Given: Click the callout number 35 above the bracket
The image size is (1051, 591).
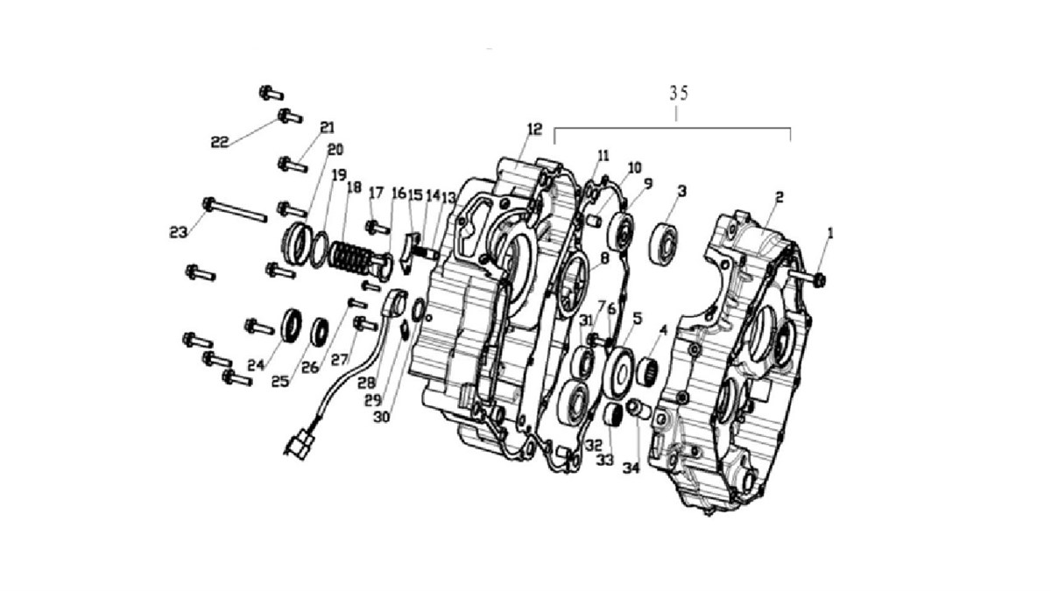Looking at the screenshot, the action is pos(679,94).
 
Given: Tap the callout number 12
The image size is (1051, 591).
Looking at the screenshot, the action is pos(534,129).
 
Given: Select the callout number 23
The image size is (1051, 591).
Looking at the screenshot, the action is pos(179,232).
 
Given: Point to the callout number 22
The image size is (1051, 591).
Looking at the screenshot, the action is pos(219,142).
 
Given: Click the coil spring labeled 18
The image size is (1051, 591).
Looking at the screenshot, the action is pos(350,260).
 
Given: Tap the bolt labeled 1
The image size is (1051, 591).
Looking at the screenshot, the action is pos(808,278).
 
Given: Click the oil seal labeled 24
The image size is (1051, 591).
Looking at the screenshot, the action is pos(292,325).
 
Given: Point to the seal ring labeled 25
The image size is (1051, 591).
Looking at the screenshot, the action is pos(320,332).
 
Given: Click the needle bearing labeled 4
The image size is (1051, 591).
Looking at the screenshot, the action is pos(647,371).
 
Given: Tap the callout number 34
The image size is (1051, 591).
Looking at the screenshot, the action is pos(631,468).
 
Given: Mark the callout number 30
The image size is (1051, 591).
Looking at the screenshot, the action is pos(382,417).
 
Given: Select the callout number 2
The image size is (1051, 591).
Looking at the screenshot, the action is pos(779,198).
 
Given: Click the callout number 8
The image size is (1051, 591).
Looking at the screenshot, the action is pos(604,258).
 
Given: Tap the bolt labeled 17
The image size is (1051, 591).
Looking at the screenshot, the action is pos(377,228).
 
